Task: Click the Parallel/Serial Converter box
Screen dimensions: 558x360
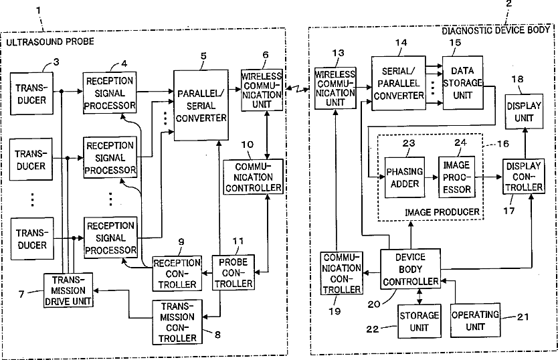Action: [201, 105]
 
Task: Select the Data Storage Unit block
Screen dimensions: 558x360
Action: [462, 82]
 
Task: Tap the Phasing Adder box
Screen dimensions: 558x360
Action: [405, 177]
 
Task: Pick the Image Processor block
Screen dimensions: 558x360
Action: [456, 177]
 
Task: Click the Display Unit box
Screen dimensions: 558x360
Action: [524, 112]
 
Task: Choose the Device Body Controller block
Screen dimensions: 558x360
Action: [410, 269]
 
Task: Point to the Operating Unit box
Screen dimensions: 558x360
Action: [475, 321]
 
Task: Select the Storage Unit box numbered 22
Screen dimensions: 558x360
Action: [420, 321]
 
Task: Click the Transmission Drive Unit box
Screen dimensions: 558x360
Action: [68, 290]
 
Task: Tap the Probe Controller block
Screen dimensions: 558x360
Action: [233, 273]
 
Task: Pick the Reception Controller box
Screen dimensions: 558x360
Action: [177, 274]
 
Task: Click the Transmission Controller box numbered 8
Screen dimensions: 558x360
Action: [177, 323]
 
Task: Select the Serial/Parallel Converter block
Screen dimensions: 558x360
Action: [399, 83]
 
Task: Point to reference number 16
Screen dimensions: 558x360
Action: [503, 144]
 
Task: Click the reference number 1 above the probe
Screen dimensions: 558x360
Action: [38, 10]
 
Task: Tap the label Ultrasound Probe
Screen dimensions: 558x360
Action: [50, 41]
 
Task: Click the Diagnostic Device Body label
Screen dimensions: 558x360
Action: [496, 30]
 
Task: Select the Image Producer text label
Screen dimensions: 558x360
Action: [442, 212]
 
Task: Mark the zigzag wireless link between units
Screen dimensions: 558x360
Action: [297, 89]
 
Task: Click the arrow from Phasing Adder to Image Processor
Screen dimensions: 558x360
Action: [432, 177]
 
